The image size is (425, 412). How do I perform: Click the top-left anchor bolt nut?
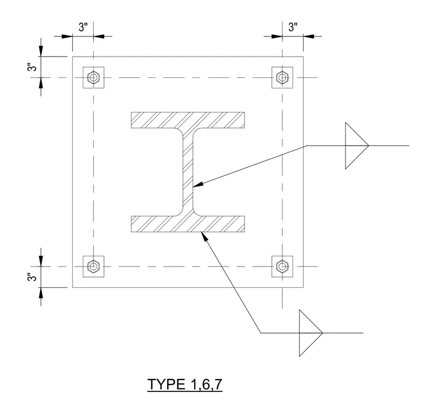(x=93, y=78)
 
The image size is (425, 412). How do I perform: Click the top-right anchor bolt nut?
(x=282, y=78)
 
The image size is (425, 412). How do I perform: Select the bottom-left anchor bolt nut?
(x=93, y=266)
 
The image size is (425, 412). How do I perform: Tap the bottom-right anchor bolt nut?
(x=282, y=266)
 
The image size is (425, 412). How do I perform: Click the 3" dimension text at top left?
(x=83, y=27)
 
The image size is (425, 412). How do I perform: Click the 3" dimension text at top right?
(x=292, y=27)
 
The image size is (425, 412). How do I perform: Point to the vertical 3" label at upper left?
(x=32, y=67)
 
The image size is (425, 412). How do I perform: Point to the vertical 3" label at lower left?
(x=32, y=277)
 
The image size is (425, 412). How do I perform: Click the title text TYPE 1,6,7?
(x=185, y=385)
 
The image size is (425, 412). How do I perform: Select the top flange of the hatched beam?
(x=188, y=120)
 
